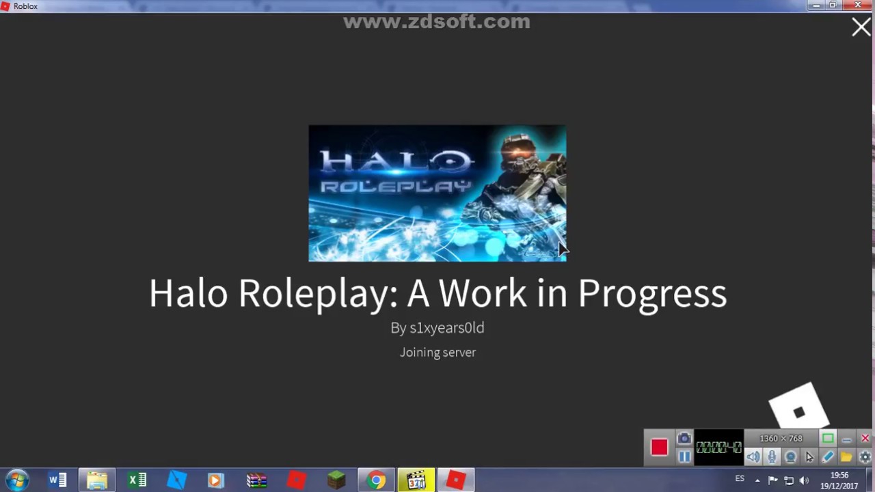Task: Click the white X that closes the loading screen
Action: [861, 27]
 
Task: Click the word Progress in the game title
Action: [651, 294]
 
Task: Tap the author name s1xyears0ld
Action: [446, 328]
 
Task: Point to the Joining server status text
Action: [437, 353]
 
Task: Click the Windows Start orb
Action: [16, 480]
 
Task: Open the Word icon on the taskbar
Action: [57, 480]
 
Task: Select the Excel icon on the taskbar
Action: [137, 480]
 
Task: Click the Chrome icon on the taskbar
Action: [376, 480]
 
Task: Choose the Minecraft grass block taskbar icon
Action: [336, 480]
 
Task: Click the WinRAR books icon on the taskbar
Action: [257, 480]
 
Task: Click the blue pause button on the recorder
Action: [684, 457]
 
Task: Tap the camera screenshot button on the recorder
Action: [684, 439]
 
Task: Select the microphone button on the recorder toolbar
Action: [772, 457]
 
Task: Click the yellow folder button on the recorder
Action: [846, 457]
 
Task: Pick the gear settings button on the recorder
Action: [865, 457]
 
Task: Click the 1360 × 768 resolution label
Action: [781, 439]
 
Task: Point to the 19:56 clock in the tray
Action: [839, 475]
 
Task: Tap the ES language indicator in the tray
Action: [740, 479]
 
